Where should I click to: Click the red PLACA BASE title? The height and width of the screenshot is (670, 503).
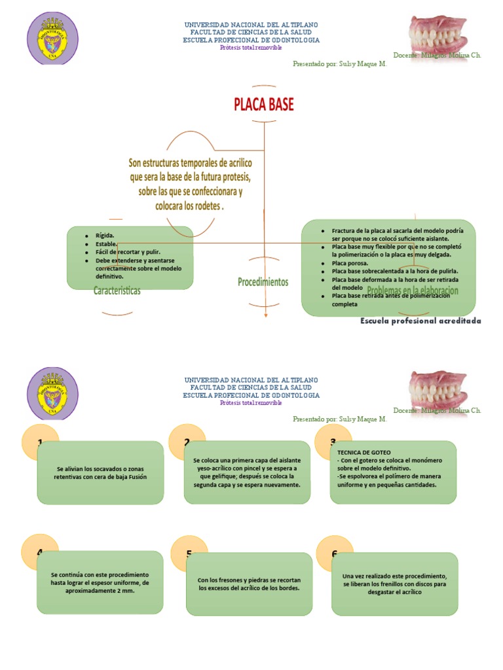click(264, 105)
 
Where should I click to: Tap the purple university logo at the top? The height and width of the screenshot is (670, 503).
click(52, 39)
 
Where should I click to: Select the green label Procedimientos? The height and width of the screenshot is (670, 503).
click(263, 282)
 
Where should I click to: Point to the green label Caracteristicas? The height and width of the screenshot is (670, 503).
click(117, 291)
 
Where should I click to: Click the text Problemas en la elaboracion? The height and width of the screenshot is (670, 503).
click(413, 290)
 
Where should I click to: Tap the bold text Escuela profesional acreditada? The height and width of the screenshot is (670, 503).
click(420, 321)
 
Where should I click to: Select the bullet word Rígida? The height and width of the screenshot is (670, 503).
click(105, 235)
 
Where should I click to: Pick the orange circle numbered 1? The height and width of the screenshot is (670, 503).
click(40, 442)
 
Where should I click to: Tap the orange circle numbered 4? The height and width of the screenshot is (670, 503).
click(40, 552)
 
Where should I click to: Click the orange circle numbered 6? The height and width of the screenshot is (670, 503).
click(334, 554)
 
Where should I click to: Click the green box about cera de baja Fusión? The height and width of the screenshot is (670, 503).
click(110, 473)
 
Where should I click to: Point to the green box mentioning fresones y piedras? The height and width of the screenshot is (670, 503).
click(250, 584)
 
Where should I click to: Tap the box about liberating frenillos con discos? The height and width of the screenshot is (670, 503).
click(394, 584)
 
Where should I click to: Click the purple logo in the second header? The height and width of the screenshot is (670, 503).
click(52, 394)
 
